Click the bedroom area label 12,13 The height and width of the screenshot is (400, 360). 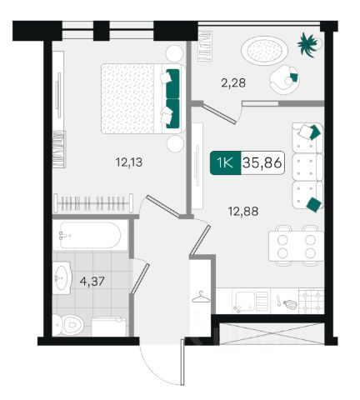click(x=129, y=162)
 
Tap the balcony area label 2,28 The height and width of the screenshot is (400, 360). click(x=233, y=82)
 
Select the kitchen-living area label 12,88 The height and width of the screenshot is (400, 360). click(x=243, y=212)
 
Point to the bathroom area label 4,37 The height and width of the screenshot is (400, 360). click(x=92, y=282)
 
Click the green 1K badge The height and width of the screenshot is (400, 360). click(x=225, y=162)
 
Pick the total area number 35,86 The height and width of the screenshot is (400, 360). click(x=262, y=162)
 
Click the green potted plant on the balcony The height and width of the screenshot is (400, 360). click(x=307, y=44)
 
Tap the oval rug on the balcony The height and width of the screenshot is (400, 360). click(x=265, y=51)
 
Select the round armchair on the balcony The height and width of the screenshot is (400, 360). click(x=284, y=79)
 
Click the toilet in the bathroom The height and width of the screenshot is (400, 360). click(x=67, y=324)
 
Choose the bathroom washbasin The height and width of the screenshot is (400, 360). click(x=62, y=277)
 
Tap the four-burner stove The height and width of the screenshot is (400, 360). click(x=311, y=301)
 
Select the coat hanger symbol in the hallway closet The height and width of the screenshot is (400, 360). click(x=201, y=297)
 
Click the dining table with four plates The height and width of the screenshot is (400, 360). click(x=296, y=246)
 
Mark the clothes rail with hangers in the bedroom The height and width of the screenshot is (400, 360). click(x=93, y=203)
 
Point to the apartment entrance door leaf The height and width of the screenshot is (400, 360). click(x=182, y=362)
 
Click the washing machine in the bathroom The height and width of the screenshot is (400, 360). click(x=108, y=327)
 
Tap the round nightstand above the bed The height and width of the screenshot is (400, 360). click(x=175, y=54)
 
